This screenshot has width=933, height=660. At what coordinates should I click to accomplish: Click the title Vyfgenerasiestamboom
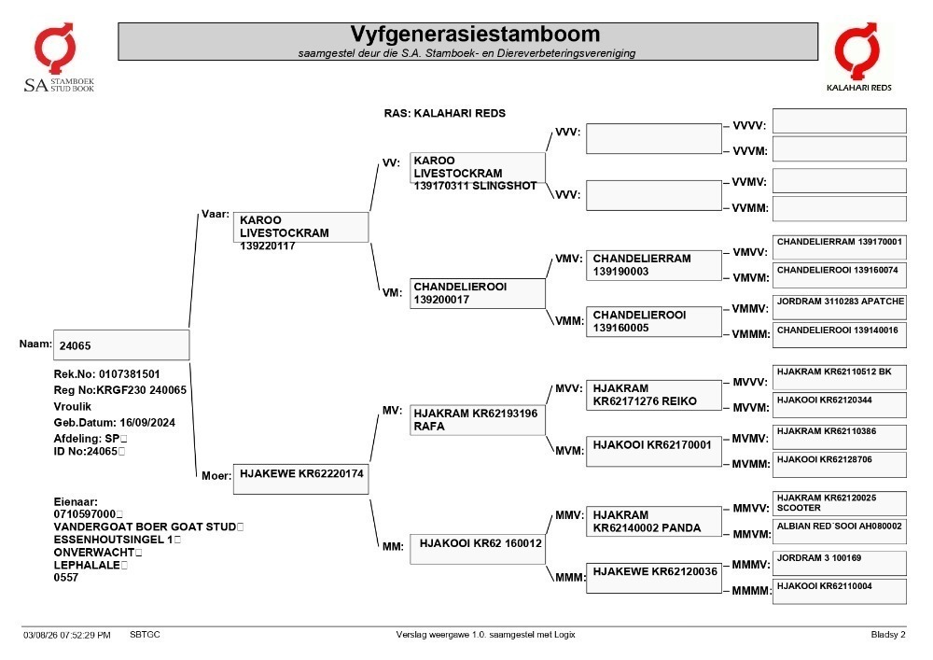pos(475,34)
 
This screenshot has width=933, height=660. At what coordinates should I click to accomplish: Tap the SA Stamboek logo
pos(58,58)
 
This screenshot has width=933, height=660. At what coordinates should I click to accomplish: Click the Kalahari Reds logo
pos(858,57)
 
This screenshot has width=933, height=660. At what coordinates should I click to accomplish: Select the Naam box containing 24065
pos(121,345)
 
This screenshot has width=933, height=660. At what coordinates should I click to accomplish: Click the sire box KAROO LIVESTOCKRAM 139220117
pos(301,228)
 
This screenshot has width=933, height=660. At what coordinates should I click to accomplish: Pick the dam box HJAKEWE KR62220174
pos(301,479)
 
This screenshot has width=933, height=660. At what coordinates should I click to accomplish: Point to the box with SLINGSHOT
pos(477,168)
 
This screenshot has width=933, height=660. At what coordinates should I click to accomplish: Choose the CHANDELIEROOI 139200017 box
pos(477,293)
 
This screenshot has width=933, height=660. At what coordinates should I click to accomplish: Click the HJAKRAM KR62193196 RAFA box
pos(477,419)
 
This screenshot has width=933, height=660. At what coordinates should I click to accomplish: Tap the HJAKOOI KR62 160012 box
pos(477,549)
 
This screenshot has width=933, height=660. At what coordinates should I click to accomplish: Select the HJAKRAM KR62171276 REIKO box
pos(654,395)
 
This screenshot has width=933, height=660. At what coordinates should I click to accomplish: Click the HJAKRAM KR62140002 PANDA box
pos(654,521)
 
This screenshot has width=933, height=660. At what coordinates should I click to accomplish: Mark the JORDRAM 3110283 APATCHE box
pos(840,307)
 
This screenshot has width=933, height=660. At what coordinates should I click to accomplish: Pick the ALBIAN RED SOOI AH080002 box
pos(840,532)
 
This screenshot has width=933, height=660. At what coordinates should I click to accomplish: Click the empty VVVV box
pos(840,120)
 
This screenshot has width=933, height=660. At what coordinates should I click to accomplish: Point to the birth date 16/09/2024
pos(147,423)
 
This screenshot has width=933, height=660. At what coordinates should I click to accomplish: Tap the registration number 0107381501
pos(129,374)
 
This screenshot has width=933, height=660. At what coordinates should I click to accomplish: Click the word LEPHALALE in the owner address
pos(87,565)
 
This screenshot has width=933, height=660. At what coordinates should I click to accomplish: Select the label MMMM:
pos(751,590)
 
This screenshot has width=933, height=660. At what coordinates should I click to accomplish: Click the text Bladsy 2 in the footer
pos(888,635)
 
